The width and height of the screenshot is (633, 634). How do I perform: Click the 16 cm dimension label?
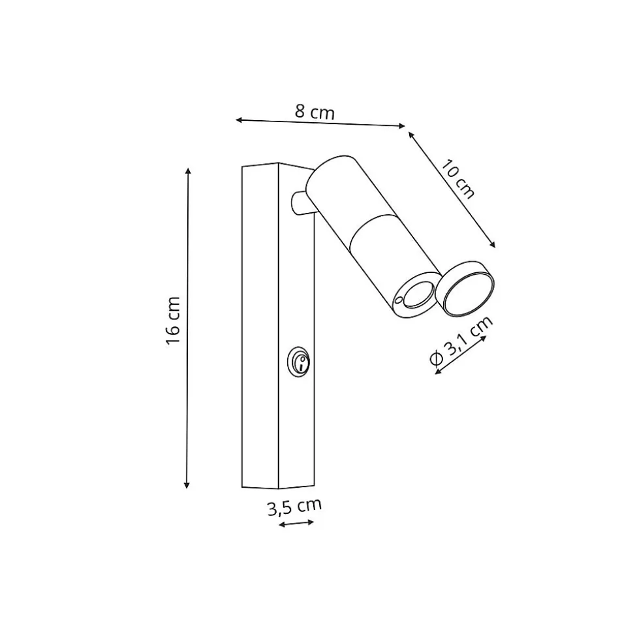coord(173,320)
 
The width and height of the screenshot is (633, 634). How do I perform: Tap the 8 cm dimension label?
coord(315,112)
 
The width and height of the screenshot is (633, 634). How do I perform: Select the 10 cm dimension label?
coord(457,179)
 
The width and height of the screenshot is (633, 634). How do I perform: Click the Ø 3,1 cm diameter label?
coord(461,340)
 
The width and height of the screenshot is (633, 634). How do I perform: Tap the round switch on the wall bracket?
coord(299,362)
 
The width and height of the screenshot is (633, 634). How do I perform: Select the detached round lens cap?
coord(465,288)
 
